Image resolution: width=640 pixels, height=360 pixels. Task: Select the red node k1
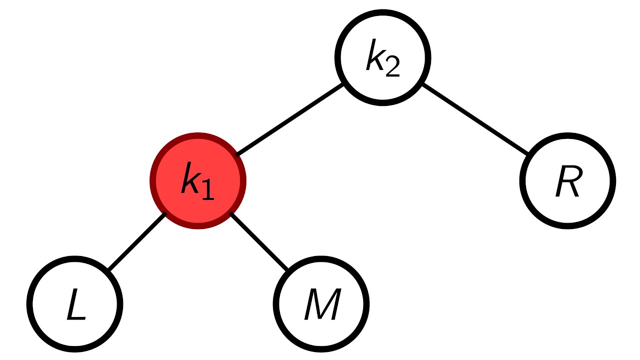pos(198,180)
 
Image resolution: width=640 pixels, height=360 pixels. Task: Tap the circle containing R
pos(567,180)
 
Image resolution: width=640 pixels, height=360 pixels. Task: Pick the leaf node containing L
pos(74,303)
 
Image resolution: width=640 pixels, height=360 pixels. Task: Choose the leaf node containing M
pos(321,303)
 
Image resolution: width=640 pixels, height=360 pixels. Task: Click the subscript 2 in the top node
pos(392,68)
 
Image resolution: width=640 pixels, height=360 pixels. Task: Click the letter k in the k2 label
pos(374,56)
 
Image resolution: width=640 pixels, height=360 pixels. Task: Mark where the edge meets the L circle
pos(108,270)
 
